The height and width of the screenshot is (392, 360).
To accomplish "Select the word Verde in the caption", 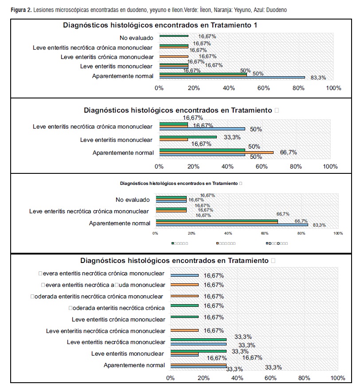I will [x=183, y=9].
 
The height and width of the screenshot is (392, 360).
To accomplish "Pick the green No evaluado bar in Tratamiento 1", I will [x=174, y=36].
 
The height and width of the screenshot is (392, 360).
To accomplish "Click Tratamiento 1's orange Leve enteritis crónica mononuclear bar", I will [x=174, y=56].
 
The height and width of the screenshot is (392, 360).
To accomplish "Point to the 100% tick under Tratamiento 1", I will [x=333, y=88].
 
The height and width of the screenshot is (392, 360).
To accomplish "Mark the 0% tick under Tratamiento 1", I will [x=159, y=88].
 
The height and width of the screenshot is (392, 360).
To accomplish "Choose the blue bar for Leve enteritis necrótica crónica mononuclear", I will [x=202, y=129].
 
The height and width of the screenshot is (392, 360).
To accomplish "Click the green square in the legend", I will [x=172, y=243].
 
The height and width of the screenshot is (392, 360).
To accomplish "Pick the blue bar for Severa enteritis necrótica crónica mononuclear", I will [x=184, y=275].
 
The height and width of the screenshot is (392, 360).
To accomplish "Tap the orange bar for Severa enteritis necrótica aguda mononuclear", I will [x=184, y=285].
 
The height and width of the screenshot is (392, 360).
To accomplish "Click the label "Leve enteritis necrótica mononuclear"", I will [x=116, y=342].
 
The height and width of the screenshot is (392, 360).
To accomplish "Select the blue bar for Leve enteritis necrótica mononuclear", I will [x=198, y=344].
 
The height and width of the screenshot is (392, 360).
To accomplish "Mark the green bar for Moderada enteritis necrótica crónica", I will [x=184, y=306].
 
